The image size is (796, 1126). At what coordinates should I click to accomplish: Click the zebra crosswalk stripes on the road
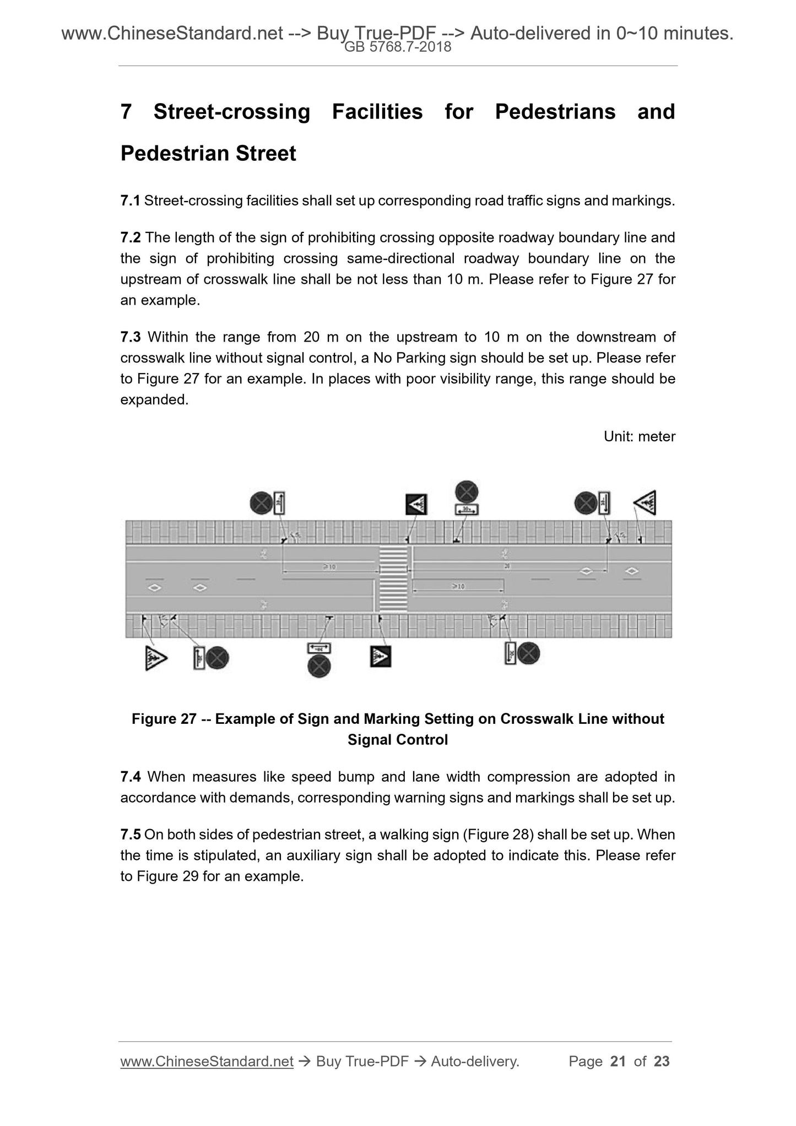pyautogui.click(x=393, y=578)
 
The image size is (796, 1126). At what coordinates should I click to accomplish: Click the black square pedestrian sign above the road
pyautogui.click(x=416, y=504)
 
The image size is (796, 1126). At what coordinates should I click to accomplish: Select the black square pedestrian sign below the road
pyautogui.click(x=380, y=656)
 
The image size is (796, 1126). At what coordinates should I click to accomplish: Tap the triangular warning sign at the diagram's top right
pyautogui.click(x=646, y=502)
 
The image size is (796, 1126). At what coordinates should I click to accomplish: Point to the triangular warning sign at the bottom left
pyautogui.click(x=155, y=658)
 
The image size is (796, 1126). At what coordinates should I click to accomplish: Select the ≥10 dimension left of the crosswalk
pyautogui.click(x=329, y=567)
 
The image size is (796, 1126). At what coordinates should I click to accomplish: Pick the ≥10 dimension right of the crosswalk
pyautogui.click(x=458, y=587)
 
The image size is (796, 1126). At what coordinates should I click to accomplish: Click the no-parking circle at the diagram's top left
pyautogui.click(x=261, y=503)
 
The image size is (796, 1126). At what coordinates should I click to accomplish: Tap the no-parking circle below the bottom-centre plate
pyautogui.click(x=318, y=667)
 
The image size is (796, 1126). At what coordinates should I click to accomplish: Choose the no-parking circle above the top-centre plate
pyautogui.click(x=467, y=491)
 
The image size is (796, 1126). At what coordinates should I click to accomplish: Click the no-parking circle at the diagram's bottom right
pyautogui.click(x=529, y=653)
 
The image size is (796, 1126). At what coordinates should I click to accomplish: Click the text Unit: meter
pyautogui.click(x=639, y=436)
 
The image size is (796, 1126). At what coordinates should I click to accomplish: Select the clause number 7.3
pyautogui.click(x=131, y=337)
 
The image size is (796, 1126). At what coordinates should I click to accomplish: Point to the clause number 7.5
pyautogui.click(x=131, y=835)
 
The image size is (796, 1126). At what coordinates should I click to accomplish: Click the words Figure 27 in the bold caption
pyautogui.click(x=164, y=719)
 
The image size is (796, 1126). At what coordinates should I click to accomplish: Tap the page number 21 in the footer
pyautogui.click(x=618, y=1061)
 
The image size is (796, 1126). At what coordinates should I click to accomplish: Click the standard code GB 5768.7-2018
pyautogui.click(x=398, y=47)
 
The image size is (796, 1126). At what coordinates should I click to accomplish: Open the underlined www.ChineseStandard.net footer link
pyautogui.click(x=207, y=1061)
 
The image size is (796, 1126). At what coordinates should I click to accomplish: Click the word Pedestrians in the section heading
pyautogui.click(x=555, y=112)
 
